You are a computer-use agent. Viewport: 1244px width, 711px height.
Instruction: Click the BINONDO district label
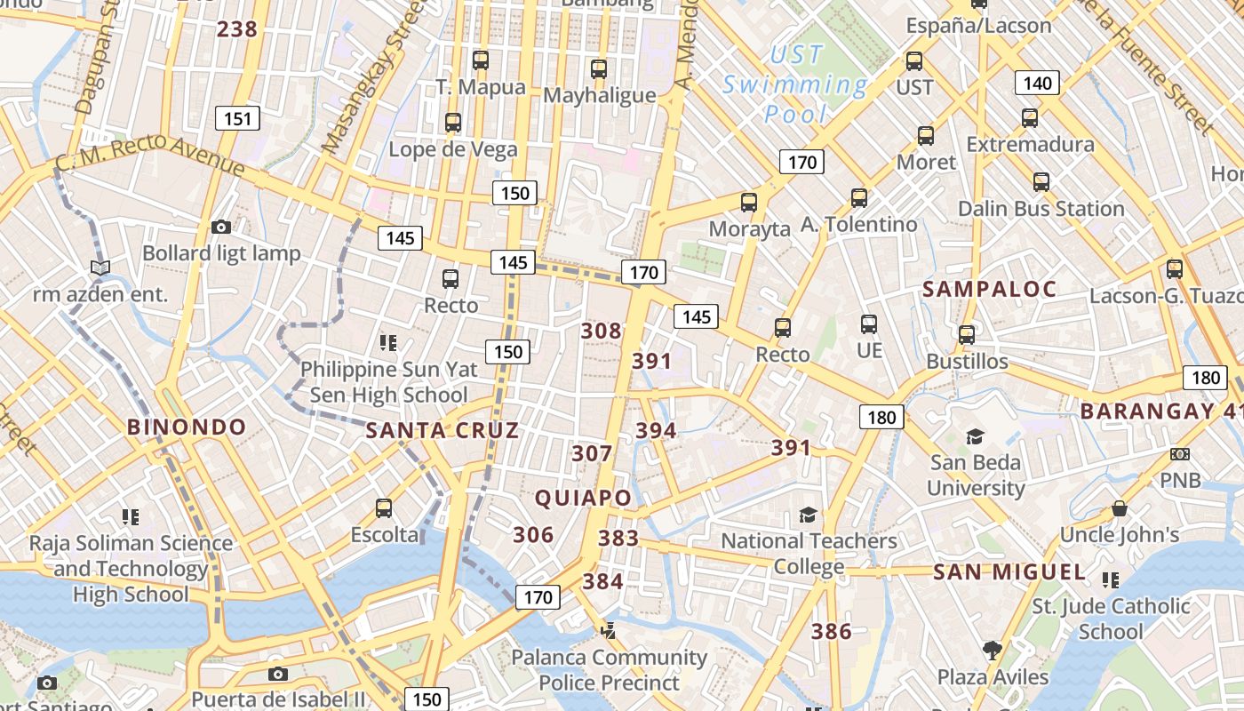pos(187,427)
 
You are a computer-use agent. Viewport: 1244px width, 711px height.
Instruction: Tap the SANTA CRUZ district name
pos(443,431)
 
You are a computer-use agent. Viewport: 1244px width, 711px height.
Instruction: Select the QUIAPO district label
pos(583,499)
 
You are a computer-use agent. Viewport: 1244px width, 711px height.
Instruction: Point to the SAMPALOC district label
pos(989,290)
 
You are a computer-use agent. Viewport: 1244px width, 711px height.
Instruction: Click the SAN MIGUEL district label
pos(1009,572)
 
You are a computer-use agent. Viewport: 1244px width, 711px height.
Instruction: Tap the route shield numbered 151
pos(237,118)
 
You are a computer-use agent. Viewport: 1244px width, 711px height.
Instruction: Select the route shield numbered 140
pos(1037,84)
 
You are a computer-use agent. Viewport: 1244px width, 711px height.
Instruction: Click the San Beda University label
pos(976,475)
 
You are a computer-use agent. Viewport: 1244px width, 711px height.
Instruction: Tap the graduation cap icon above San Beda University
pos(975,436)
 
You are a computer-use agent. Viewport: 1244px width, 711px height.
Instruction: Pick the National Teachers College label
pos(809,554)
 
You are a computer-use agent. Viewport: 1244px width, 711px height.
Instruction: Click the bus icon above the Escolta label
pos(384,508)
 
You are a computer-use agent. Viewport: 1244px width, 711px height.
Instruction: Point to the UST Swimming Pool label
pos(795,85)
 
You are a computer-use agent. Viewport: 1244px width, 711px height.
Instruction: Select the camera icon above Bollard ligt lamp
pos(221,228)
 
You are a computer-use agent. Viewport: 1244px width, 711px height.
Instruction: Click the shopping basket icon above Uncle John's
pos(1120,508)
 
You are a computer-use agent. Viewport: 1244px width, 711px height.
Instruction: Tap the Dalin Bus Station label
pos(1041,209)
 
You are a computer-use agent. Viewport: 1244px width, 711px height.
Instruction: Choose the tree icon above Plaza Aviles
pos(993,651)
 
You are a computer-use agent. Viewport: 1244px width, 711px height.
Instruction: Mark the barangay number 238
pos(237,29)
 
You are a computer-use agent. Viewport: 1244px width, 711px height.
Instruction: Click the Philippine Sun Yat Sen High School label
pos(388,382)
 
